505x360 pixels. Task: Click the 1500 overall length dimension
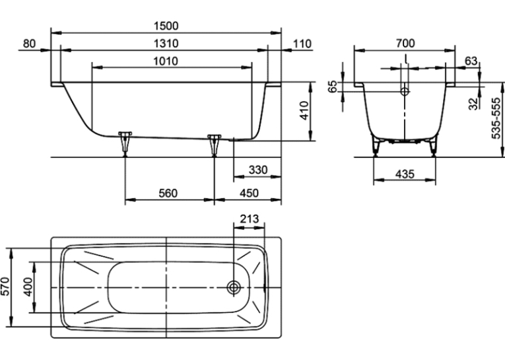[166, 26]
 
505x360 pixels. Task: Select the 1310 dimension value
[166, 43]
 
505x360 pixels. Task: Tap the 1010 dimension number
[166, 61]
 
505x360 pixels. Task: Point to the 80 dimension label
[29, 43]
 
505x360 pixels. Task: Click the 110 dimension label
[302, 44]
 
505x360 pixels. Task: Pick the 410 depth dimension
[304, 110]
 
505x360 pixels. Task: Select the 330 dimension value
[258, 170]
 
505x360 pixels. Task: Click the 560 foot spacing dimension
[168, 193]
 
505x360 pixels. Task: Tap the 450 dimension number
[249, 193]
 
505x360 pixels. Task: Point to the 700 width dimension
[405, 43]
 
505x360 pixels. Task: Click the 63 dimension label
[471, 61]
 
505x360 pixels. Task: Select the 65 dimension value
[333, 87]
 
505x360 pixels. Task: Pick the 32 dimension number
[473, 104]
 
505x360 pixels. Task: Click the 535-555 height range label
[496, 118]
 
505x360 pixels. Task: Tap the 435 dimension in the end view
[405, 174]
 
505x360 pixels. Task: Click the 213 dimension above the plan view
[250, 219]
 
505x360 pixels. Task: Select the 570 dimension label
[6, 286]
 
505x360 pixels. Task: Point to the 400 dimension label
[28, 287]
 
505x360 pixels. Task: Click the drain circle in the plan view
[234, 287]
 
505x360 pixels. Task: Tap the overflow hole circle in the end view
[405, 92]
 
